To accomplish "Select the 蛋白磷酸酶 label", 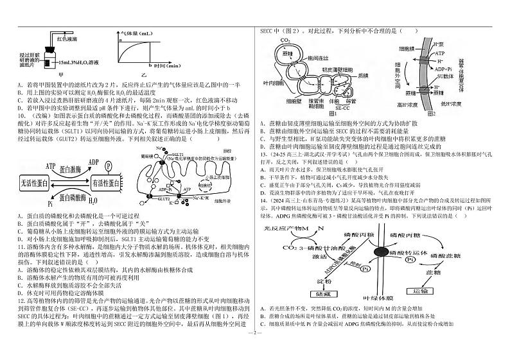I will (76, 198).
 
